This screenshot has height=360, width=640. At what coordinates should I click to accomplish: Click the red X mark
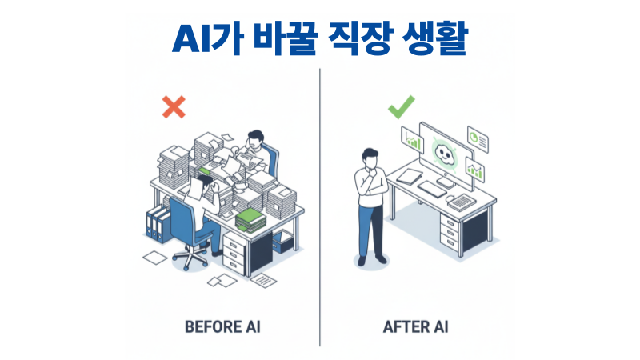[173, 107]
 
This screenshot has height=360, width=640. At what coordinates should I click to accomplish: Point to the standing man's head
[370, 157]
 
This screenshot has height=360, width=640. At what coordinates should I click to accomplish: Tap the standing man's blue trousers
[371, 232]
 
